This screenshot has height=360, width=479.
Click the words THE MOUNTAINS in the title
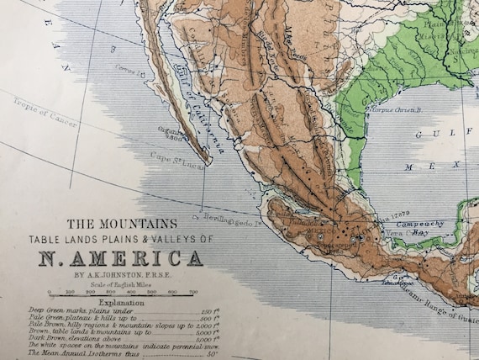pos(122,225)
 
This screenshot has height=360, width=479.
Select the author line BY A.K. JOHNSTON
pos(122,273)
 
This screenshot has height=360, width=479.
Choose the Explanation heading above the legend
pos(122,303)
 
